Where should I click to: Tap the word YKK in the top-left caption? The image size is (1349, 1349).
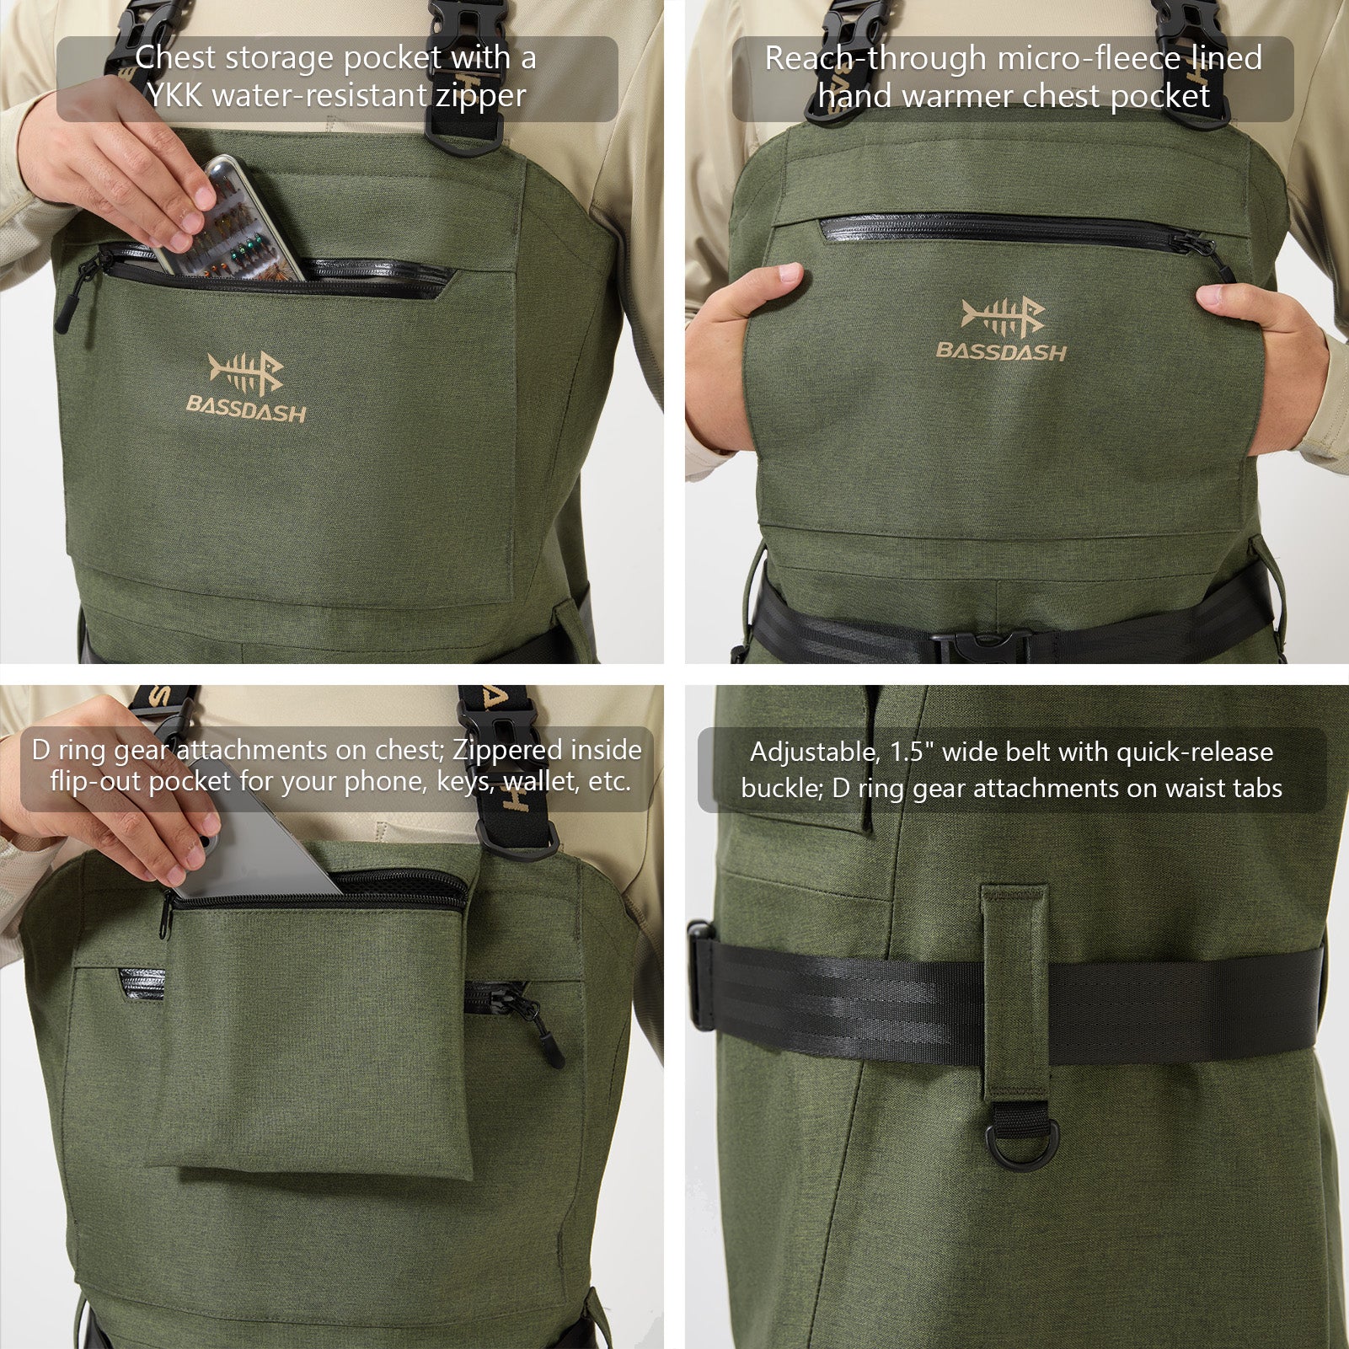coord(175,95)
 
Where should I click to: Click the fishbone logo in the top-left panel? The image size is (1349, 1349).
coord(245,372)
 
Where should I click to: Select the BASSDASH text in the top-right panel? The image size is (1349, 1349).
coord(1001,351)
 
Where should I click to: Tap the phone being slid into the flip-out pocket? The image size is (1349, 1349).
coord(261,843)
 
